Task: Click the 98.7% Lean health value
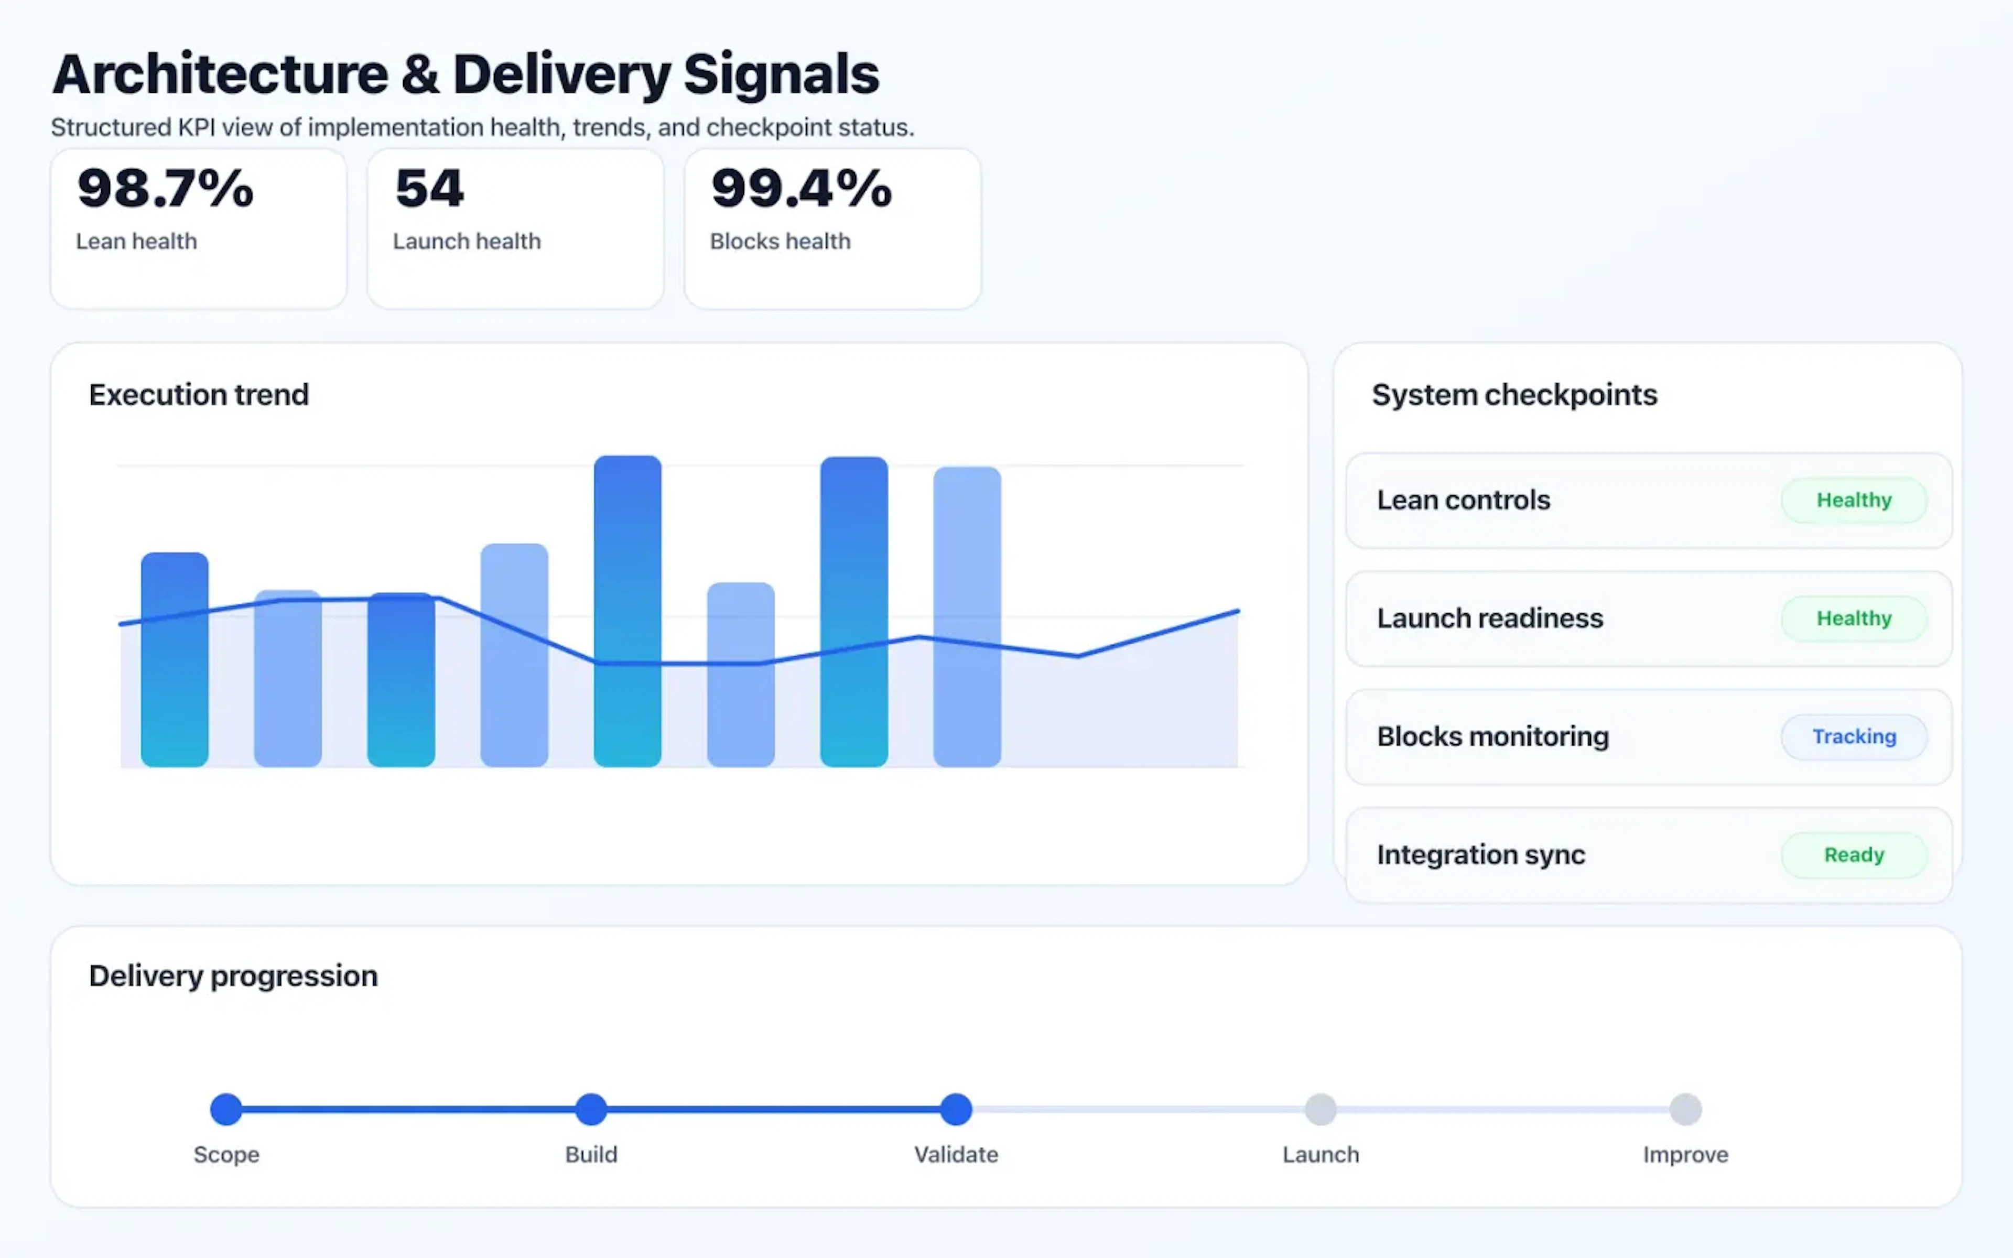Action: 165,188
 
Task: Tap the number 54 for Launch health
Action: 429,188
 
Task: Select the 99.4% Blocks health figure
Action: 801,188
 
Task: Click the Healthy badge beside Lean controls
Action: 1853,500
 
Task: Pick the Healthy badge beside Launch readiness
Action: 1853,618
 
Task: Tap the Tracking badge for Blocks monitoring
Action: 1853,736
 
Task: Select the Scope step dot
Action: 226,1109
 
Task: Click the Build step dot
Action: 591,1109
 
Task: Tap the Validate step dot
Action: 956,1109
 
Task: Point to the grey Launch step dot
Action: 1320,1109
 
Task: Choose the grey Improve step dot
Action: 1685,1109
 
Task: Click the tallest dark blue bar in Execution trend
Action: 627,612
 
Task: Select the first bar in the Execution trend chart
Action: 175,659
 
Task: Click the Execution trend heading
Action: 199,394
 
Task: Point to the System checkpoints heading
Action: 1514,394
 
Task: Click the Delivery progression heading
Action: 233,975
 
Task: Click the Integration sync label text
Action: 1480,854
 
